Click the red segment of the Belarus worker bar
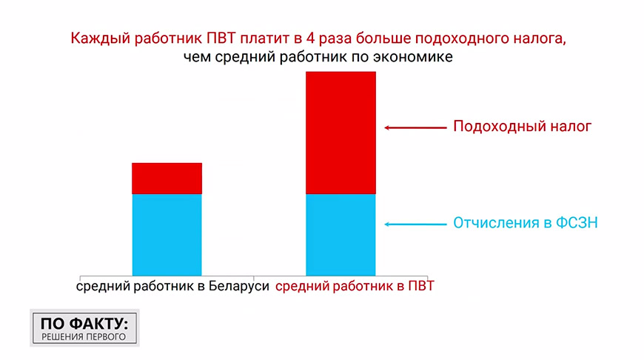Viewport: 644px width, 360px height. (x=167, y=179)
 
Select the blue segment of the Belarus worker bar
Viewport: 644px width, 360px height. (x=167, y=235)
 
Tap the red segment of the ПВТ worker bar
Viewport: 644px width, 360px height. (x=341, y=133)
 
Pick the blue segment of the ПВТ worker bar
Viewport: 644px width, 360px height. (x=341, y=235)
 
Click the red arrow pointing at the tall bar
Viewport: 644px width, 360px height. (x=415, y=128)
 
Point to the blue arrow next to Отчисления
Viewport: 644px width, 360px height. (x=415, y=224)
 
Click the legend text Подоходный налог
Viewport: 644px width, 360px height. (x=522, y=126)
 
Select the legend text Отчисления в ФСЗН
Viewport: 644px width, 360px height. (x=526, y=223)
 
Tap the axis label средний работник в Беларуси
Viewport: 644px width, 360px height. (x=172, y=286)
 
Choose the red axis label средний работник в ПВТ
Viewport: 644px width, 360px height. (x=355, y=286)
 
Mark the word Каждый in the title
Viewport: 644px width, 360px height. (x=100, y=39)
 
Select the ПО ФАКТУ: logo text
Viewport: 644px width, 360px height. (x=84, y=324)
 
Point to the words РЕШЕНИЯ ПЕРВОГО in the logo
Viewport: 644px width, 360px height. (x=84, y=337)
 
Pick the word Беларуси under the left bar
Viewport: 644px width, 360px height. (x=238, y=286)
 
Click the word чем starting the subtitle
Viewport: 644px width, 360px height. (x=197, y=57)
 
